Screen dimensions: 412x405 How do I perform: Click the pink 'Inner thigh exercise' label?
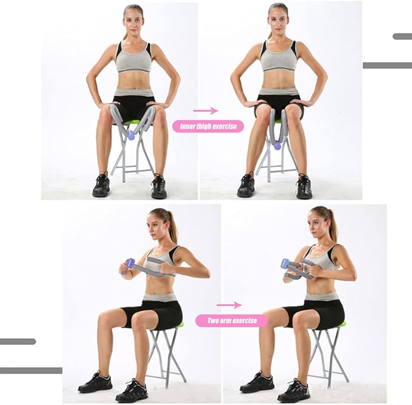pyautogui.click(x=208, y=126)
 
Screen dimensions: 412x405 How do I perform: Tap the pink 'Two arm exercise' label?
pyautogui.click(x=232, y=321)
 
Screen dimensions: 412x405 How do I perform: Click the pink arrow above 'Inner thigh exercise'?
pyautogui.click(x=206, y=111)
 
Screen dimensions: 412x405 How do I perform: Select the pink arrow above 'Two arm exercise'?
pyautogui.click(x=229, y=305)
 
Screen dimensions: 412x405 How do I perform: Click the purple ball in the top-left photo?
pyautogui.click(x=130, y=135)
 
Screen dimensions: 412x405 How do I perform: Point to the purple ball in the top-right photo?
pyautogui.click(x=277, y=146)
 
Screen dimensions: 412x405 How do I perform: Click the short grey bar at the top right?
pyautogui.click(x=402, y=36)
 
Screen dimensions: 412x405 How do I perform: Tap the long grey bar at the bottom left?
pyautogui.click(x=31, y=370)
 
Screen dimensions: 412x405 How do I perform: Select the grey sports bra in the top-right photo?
pyautogui.click(x=279, y=57)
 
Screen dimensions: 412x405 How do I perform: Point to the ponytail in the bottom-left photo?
pyautogui.click(x=171, y=228)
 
